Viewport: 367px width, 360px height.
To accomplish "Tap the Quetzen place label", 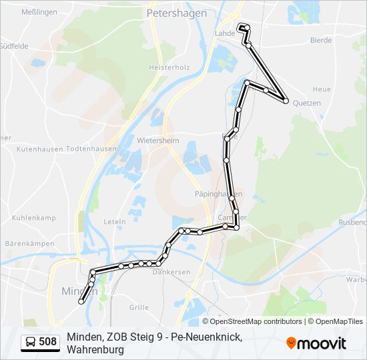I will coord(307,103).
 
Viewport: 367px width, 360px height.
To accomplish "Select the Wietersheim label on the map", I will coord(158,141).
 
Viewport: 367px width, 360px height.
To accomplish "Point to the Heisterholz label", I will coord(169,67).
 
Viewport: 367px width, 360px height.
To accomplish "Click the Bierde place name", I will coord(320,40).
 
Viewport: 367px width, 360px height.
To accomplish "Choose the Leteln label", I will coord(115,221).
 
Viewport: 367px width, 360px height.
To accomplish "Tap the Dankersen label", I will coord(171,272).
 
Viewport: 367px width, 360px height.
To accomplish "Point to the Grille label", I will coord(139,307).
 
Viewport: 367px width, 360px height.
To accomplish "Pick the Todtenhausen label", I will coord(90,149).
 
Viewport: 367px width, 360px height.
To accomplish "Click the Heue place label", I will coord(321,89).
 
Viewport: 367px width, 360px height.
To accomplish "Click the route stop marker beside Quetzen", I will coord(286,101).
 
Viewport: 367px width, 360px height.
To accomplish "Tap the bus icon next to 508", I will coord(31,343).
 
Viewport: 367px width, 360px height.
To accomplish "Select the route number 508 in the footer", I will coord(47,343).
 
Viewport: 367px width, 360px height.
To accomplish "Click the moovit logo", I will coord(316,343).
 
